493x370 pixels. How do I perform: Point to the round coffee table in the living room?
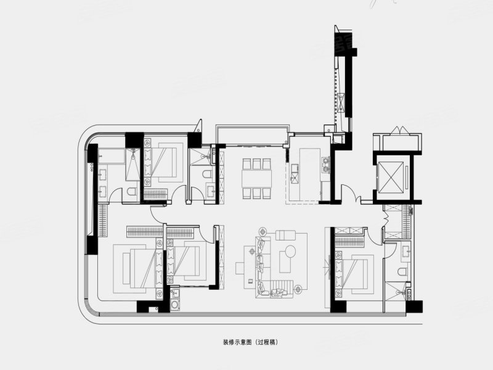coord(287,258)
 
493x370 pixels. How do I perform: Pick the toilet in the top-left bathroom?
coord(131,193)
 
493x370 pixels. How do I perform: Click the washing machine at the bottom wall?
coord(175,304)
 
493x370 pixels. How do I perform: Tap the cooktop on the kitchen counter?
coord(326,165)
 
